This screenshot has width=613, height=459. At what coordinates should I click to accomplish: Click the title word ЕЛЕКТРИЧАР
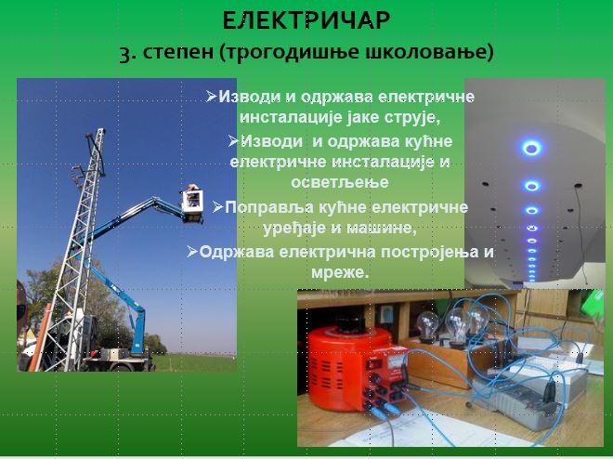(x=306, y=20)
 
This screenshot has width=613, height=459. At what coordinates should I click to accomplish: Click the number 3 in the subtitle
(x=125, y=54)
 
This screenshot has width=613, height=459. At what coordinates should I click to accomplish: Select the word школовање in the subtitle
(x=425, y=52)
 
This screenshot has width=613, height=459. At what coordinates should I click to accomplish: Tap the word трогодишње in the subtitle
(x=293, y=53)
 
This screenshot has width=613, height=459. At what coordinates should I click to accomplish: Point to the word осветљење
(x=340, y=182)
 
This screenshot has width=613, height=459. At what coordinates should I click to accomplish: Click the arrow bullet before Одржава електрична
(x=192, y=251)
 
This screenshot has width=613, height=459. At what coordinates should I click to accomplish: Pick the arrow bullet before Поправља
(x=218, y=207)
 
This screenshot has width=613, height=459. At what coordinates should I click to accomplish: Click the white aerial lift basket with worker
(x=192, y=203)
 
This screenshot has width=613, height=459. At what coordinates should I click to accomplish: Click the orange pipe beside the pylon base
(x=40, y=337)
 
